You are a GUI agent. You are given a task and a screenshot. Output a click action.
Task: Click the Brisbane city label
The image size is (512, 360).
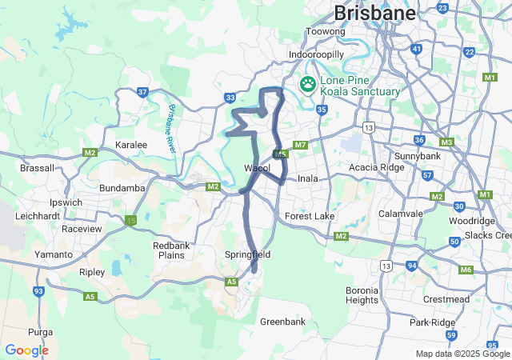[x=374, y=13]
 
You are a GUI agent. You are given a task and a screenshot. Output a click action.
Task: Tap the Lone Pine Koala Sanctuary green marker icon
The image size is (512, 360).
[x=308, y=83]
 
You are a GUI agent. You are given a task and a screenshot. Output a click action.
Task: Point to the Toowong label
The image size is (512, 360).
[x=326, y=32]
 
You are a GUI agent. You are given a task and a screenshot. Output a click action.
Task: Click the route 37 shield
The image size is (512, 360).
[x=142, y=92]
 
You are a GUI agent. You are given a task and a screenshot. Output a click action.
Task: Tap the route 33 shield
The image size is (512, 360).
[x=230, y=98]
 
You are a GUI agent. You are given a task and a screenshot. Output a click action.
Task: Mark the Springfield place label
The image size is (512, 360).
[x=248, y=254]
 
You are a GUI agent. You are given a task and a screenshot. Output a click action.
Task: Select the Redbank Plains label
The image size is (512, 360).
[x=170, y=250]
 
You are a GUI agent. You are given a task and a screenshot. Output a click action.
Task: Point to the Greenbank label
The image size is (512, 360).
[x=282, y=322]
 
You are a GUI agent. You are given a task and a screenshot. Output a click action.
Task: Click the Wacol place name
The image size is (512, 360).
[x=258, y=169]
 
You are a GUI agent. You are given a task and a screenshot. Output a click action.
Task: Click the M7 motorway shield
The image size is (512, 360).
[x=301, y=145]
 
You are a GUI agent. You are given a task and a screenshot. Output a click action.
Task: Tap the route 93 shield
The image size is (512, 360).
[x=38, y=291]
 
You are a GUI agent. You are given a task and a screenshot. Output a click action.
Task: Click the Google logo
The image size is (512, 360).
[x=26, y=350]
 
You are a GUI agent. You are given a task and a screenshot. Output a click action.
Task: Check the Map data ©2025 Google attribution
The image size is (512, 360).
[x=462, y=354]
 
